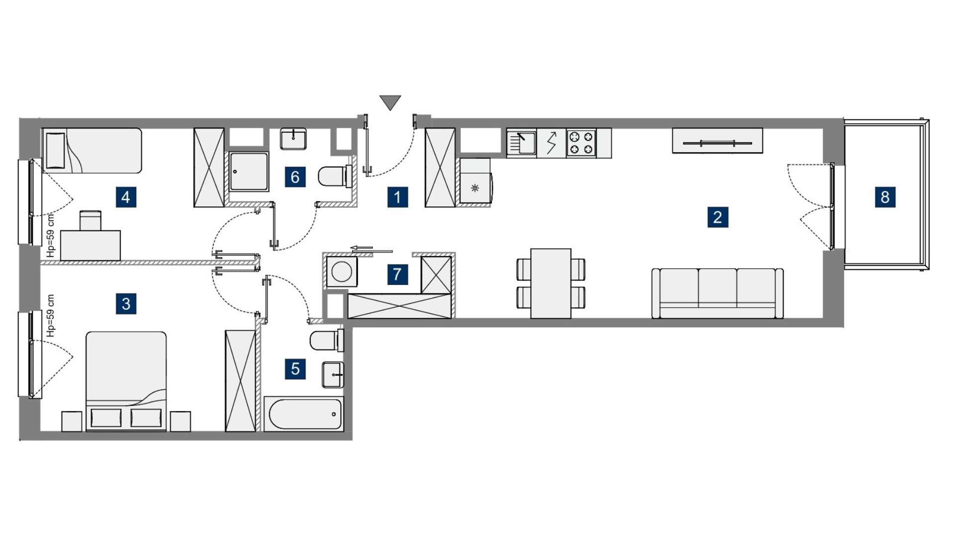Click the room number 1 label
[397, 197]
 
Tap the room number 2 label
[718, 217]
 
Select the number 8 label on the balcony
[885, 197]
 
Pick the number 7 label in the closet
[397, 274]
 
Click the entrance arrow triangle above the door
[390, 102]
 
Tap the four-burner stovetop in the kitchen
[581, 143]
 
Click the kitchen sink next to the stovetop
[521, 143]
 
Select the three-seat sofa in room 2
[717, 293]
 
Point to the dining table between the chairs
[551, 283]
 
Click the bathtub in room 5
[303, 414]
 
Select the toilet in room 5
[326, 341]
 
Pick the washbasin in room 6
[293, 139]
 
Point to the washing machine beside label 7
[342, 272]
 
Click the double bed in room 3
[126, 381]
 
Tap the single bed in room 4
[93, 151]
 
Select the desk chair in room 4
[91, 220]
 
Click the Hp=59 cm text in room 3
[50, 316]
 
